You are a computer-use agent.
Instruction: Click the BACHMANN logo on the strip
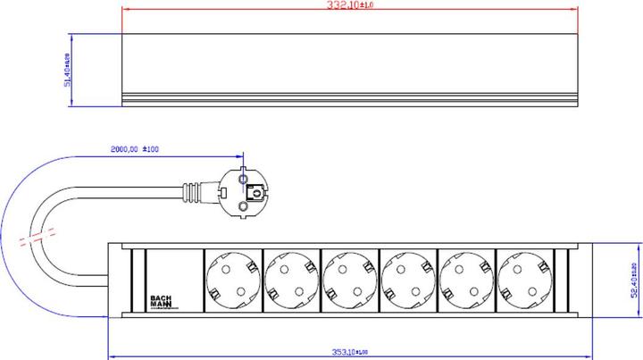(161, 300)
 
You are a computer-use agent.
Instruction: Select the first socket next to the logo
(234, 280)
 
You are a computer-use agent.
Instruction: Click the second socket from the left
(292, 280)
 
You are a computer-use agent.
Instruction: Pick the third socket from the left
(350, 280)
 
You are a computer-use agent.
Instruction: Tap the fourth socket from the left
(408, 280)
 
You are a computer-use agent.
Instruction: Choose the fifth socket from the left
(466, 280)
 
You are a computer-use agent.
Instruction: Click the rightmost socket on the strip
(524, 280)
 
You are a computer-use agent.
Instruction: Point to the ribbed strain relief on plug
(193, 191)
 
